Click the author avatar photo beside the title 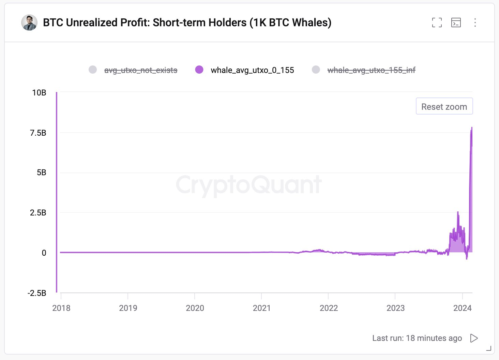pyautogui.click(x=29, y=23)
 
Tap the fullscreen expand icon pyautogui.click(x=437, y=22)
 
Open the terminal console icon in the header pyautogui.click(x=456, y=22)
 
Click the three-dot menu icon pyautogui.click(x=475, y=22)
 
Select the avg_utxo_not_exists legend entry pyautogui.click(x=140, y=70)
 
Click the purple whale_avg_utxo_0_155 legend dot pyautogui.click(x=199, y=70)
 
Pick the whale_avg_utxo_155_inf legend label pyautogui.click(x=371, y=70)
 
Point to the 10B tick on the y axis pyautogui.click(x=39, y=93)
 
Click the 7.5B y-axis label pyautogui.click(x=38, y=133)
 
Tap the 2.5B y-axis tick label pyautogui.click(x=38, y=213)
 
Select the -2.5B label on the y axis pyautogui.click(x=37, y=293)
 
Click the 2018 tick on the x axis pyautogui.click(x=61, y=308)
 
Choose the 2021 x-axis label pyautogui.click(x=261, y=308)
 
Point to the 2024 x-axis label pyautogui.click(x=462, y=308)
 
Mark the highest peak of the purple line pyautogui.click(x=472, y=127)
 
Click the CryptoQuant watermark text pyautogui.click(x=249, y=185)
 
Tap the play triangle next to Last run pyautogui.click(x=474, y=338)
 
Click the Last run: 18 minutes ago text pyautogui.click(x=417, y=338)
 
